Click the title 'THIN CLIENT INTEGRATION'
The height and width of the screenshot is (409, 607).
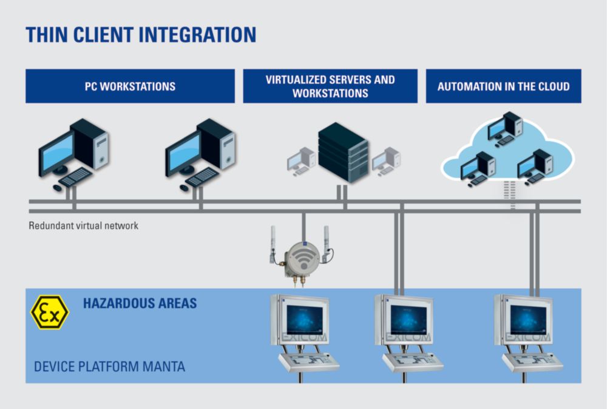pos(141,35)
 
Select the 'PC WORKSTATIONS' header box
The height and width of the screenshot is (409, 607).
pos(130,86)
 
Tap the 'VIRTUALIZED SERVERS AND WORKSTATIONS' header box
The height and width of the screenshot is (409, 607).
pos(330,86)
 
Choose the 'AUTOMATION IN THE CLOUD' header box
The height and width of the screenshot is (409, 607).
pos(504,86)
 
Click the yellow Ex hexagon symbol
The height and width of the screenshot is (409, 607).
pos(50,312)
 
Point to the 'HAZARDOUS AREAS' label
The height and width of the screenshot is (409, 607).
pos(140,303)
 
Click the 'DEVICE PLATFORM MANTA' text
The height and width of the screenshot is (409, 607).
pos(109,366)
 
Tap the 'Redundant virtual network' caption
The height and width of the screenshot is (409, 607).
pos(84,225)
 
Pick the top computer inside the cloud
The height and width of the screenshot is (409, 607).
pos(505,129)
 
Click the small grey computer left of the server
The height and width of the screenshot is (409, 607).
pos(301,161)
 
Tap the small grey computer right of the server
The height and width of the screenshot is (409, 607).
pos(386,161)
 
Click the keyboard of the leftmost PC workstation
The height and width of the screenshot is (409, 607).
pos(75,177)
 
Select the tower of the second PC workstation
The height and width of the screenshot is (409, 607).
pos(217,143)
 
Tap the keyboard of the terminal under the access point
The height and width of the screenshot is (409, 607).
pos(309,362)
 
